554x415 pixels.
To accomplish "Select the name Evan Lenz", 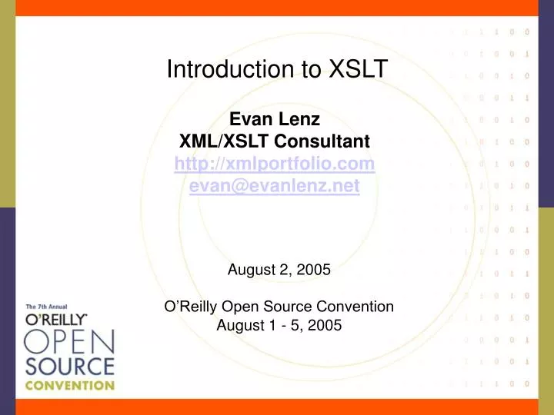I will pos(275,119).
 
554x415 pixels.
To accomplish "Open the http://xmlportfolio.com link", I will pos(275,164).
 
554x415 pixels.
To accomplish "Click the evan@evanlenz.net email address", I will pos(275,185).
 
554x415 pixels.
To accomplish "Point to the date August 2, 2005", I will pos(279,270).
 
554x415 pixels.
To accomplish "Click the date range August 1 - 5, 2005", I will pos(279,324).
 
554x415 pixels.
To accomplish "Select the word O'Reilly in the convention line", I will pos(192,306).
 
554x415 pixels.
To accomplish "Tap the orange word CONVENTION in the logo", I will pos(69,385).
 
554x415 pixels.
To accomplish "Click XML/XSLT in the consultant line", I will pos(216,141).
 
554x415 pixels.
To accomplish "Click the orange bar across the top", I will pos(277,7).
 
